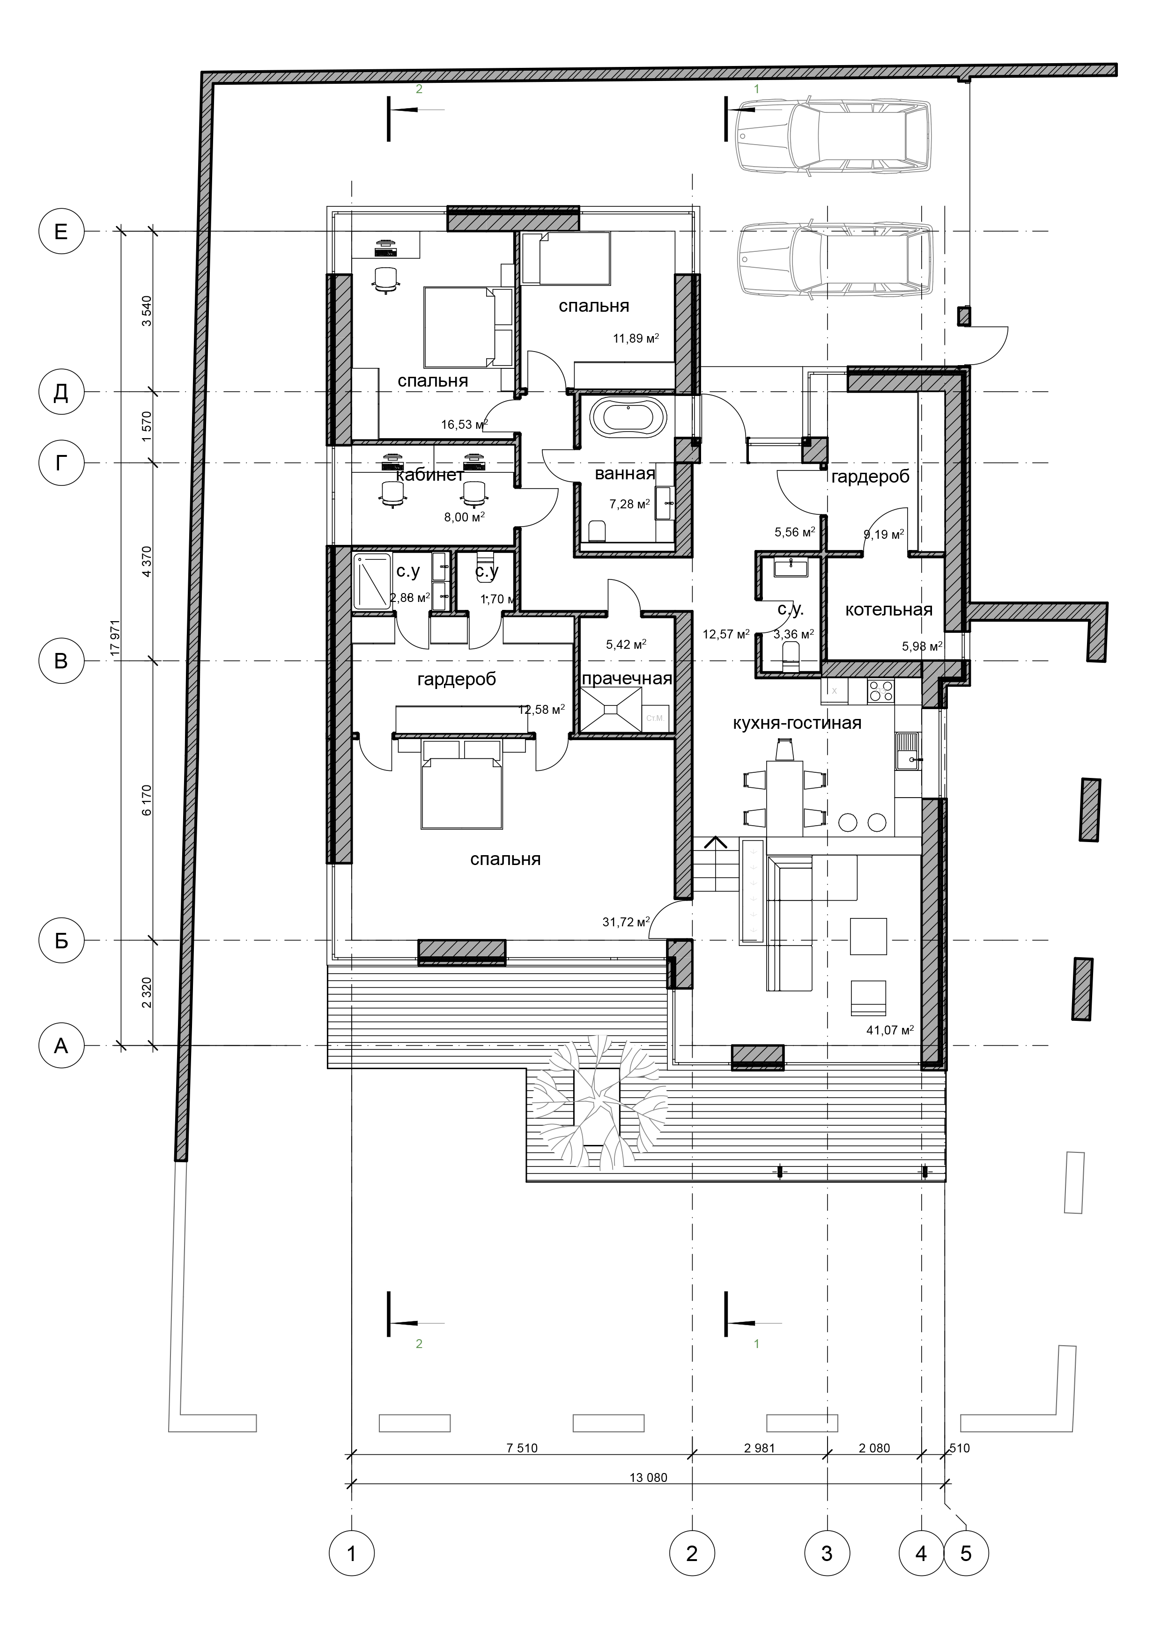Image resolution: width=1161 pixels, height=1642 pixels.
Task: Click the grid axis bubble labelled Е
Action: pos(61,231)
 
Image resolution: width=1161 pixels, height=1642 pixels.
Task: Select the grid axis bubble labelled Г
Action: pos(61,463)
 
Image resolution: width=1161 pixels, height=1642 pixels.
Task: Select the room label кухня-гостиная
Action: pos(797,723)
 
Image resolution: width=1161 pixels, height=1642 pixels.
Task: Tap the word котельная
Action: pos(888,609)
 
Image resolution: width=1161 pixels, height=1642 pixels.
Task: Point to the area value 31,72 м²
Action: pos(625,922)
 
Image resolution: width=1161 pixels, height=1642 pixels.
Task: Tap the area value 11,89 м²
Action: pos(636,338)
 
